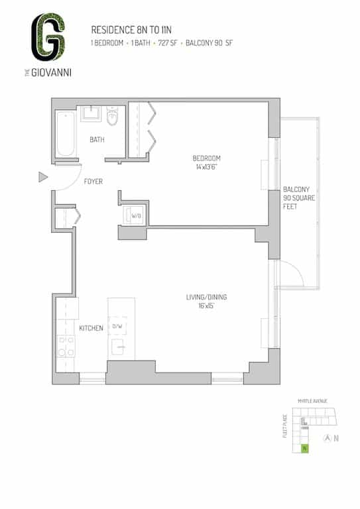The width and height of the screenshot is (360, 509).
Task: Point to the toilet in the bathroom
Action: [112, 117]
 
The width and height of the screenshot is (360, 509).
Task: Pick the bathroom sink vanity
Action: [90, 115]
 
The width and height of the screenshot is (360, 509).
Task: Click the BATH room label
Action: [97, 139]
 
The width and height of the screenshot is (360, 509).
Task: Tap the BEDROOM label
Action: [206, 158]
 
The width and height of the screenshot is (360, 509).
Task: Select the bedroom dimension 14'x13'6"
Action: [206, 168]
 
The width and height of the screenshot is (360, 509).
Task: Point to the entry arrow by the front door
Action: [43, 177]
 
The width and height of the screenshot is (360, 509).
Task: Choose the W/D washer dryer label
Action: [135, 215]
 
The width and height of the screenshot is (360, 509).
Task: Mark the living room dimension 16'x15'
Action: [206, 306]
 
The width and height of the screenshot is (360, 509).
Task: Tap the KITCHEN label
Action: [91, 328]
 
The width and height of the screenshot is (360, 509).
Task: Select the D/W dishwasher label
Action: [117, 326]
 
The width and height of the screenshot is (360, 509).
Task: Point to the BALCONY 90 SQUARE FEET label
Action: [296, 198]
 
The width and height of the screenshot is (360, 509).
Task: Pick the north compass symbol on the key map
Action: [327, 437]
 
